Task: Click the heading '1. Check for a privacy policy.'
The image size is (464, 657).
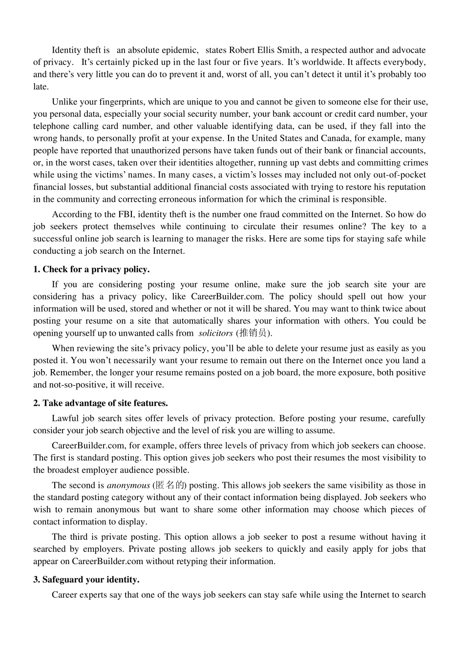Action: pyautogui.click(x=91, y=269)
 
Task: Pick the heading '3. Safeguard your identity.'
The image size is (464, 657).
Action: pyautogui.click(x=86, y=580)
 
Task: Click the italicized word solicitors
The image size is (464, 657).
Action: pyautogui.click(x=215, y=333)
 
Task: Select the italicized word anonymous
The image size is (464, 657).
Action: pyautogui.click(x=128, y=485)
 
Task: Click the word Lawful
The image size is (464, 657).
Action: pyautogui.click(x=65, y=418)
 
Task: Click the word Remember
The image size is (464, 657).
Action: pyautogui.click(x=71, y=372)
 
